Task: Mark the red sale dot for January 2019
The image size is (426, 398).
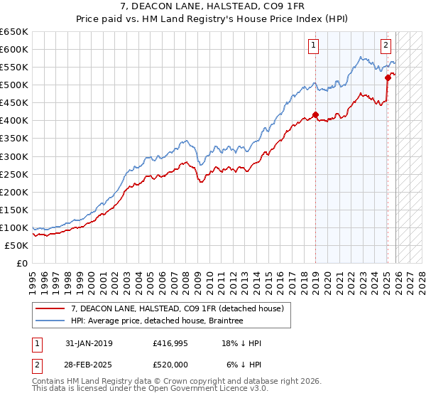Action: click(315, 114)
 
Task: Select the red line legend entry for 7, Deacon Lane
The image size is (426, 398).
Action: click(177, 308)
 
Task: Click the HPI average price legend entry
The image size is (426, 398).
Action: click(157, 321)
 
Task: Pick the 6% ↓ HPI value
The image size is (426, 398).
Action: click(244, 364)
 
